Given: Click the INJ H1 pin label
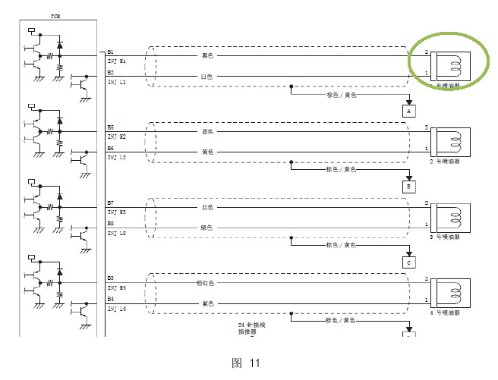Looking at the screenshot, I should point(117,60).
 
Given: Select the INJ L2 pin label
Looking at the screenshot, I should point(117,157).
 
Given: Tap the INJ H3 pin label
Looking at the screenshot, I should point(117,212).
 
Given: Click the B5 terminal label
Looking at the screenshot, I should point(111,127).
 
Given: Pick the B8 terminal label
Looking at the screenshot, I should point(111,224).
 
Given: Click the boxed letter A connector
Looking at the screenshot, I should point(409,111).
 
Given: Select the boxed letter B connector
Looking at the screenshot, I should point(409,186).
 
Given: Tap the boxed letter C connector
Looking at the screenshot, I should point(409,262).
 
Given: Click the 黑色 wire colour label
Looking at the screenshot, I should point(207,55).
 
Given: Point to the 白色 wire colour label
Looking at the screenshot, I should point(206,77).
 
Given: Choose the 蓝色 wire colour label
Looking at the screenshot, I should point(207,130).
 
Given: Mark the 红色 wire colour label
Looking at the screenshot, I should point(207,206).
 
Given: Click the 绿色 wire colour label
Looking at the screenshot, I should point(206,227).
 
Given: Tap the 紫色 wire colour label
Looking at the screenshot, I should point(206,303).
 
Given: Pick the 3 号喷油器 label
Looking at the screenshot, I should point(445,237).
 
